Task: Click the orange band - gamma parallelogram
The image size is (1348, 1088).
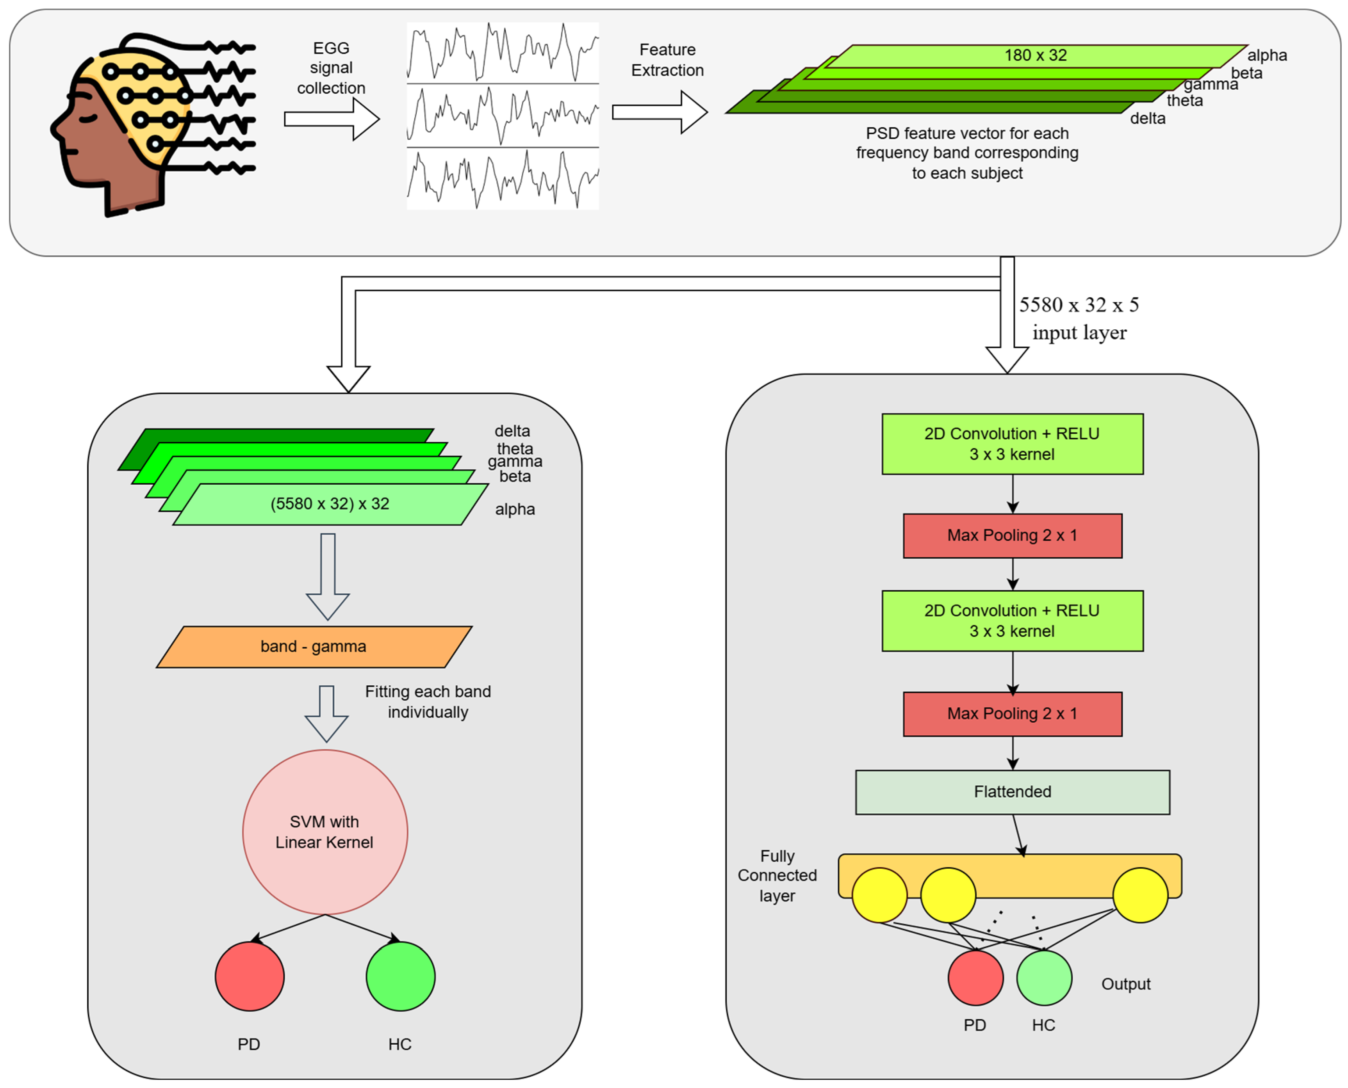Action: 314,646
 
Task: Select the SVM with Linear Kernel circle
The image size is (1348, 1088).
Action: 325,832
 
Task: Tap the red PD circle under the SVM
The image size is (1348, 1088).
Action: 250,976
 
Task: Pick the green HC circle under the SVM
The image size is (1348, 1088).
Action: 400,976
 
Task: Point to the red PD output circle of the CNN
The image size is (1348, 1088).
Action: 975,977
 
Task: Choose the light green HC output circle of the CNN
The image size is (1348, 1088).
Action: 1044,977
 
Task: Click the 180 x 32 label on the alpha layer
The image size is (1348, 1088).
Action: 1035,55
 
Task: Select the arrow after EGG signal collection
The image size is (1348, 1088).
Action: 332,119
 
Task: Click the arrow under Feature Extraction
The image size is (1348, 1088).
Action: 660,112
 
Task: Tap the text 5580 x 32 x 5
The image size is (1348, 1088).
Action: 1079,305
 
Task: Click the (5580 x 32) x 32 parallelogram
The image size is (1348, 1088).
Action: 330,504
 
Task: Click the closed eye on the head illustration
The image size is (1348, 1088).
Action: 88,117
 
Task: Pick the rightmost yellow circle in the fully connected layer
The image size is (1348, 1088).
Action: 1140,894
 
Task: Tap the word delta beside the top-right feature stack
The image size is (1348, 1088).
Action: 1147,119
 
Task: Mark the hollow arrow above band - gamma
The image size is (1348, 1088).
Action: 327,577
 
